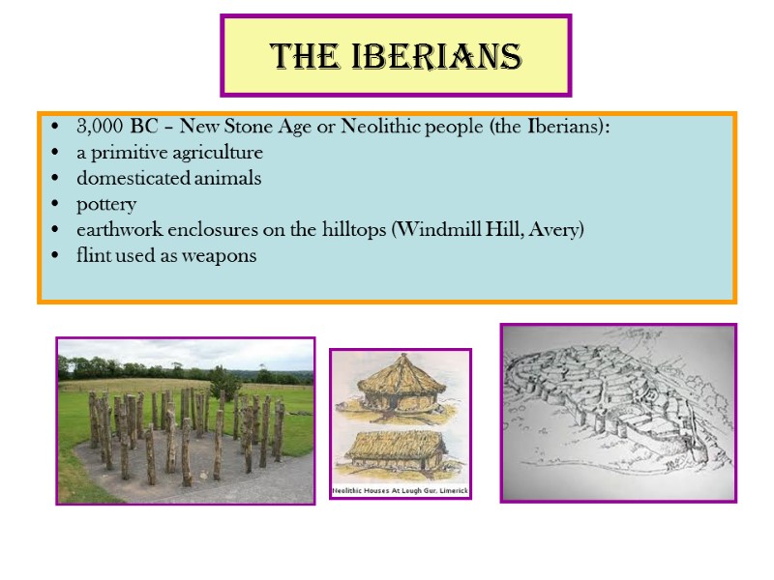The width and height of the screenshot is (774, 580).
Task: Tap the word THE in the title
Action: coord(308,57)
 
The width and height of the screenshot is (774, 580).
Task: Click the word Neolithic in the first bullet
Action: coord(378,128)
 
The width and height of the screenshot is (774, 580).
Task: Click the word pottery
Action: coord(106,205)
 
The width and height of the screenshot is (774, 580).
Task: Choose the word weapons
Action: coord(223,256)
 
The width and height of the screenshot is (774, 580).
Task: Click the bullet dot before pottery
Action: coord(55,205)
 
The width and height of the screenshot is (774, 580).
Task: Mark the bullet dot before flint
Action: coord(55,256)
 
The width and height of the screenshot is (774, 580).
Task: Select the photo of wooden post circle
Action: coord(186,420)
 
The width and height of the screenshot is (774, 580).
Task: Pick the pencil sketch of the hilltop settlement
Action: coord(618,413)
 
